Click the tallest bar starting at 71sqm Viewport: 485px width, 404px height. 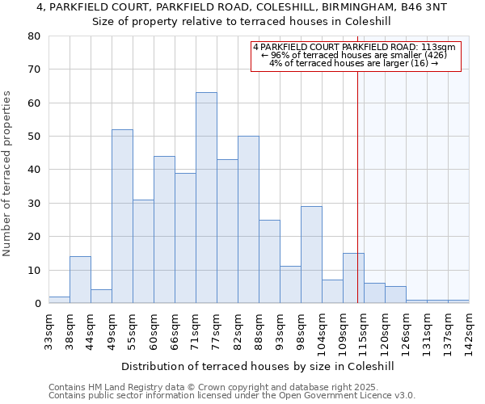pos(206,198)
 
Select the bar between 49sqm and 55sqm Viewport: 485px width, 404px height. pos(122,217)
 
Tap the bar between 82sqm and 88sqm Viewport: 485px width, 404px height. pos(248,220)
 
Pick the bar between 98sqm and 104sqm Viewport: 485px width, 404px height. pos(311,255)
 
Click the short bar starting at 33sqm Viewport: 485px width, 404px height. pos(59,300)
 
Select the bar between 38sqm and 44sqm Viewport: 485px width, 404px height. pos(80,280)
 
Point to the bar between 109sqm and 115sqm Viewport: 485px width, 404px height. pos(353,278)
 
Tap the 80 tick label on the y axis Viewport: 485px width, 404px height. pos(33,36)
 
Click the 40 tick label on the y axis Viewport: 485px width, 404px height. pos(33,170)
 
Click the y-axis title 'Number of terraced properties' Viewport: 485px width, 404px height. pos(8,174)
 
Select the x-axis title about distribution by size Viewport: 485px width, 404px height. pos(259,366)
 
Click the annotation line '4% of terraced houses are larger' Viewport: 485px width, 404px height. pos(354,63)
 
